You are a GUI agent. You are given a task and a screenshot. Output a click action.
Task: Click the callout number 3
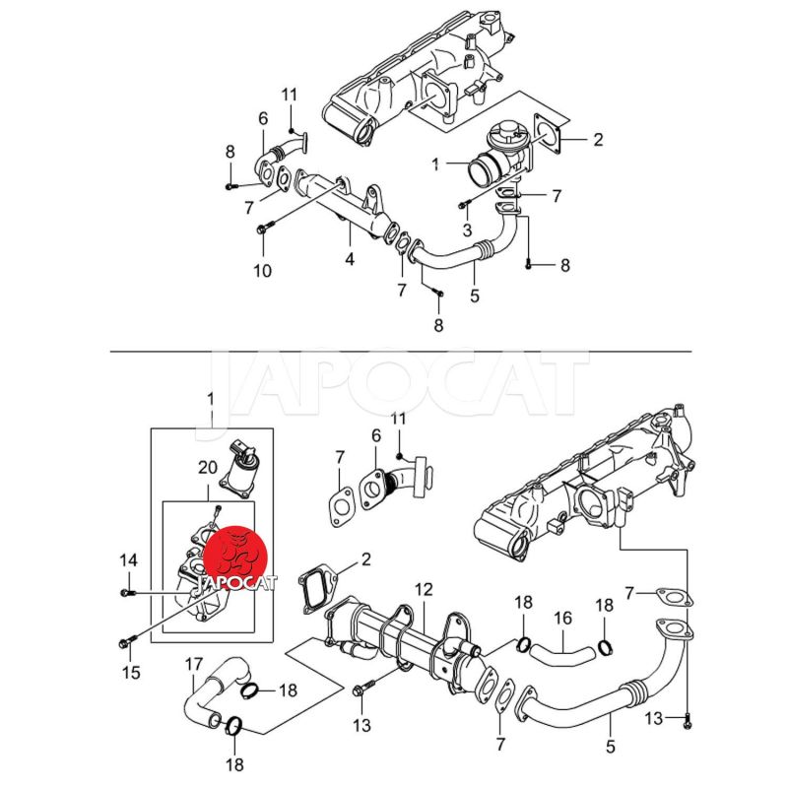pyautogui.click(x=468, y=230)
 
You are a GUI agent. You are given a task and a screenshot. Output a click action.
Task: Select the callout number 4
pyautogui.click(x=349, y=260)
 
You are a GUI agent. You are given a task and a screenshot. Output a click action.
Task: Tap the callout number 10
pyautogui.click(x=261, y=271)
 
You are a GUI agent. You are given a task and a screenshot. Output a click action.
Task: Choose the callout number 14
pyautogui.click(x=128, y=560)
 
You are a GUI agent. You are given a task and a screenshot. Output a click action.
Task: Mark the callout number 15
pyautogui.click(x=130, y=674)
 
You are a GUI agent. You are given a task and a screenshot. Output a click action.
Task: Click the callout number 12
pyautogui.click(x=424, y=590)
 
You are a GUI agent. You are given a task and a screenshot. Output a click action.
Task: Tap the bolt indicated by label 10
pyautogui.click(x=260, y=230)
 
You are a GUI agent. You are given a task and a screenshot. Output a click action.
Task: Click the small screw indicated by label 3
pyautogui.click(x=461, y=204)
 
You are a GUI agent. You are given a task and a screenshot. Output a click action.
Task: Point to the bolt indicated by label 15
pyautogui.click(x=123, y=642)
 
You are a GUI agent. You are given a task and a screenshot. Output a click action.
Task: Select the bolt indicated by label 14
pyautogui.click(x=127, y=592)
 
